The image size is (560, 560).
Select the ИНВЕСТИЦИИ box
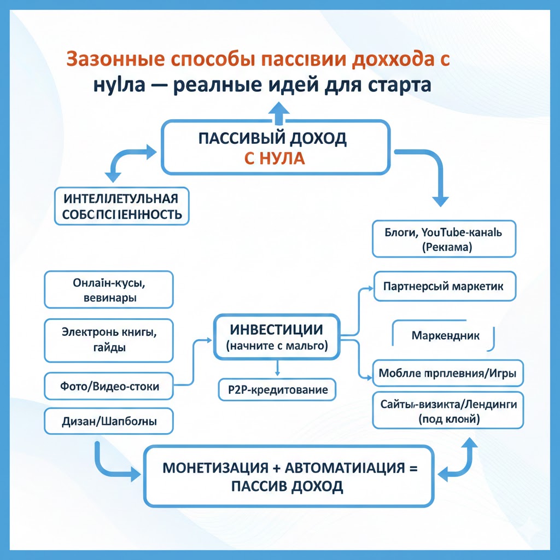click(x=277, y=337)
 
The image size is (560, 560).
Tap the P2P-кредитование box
click(x=277, y=389)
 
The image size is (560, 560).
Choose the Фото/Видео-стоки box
click(x=109, y=386)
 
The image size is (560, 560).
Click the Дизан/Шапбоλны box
click(x=109, y=422)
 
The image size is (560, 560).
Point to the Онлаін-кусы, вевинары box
click(x=109, y=290)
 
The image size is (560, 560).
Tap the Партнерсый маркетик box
click(x=445, y=286)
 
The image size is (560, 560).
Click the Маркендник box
click(x=445, y=335)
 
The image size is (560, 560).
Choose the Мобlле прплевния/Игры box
click(x=447, y=374)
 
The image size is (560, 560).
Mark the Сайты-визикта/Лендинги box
click(x=447, y=411)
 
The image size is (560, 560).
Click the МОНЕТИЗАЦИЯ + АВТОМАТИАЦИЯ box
click(x=288, y=476)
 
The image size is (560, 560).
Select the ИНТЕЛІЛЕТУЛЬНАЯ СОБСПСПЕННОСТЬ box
click(x=122, y=206)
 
